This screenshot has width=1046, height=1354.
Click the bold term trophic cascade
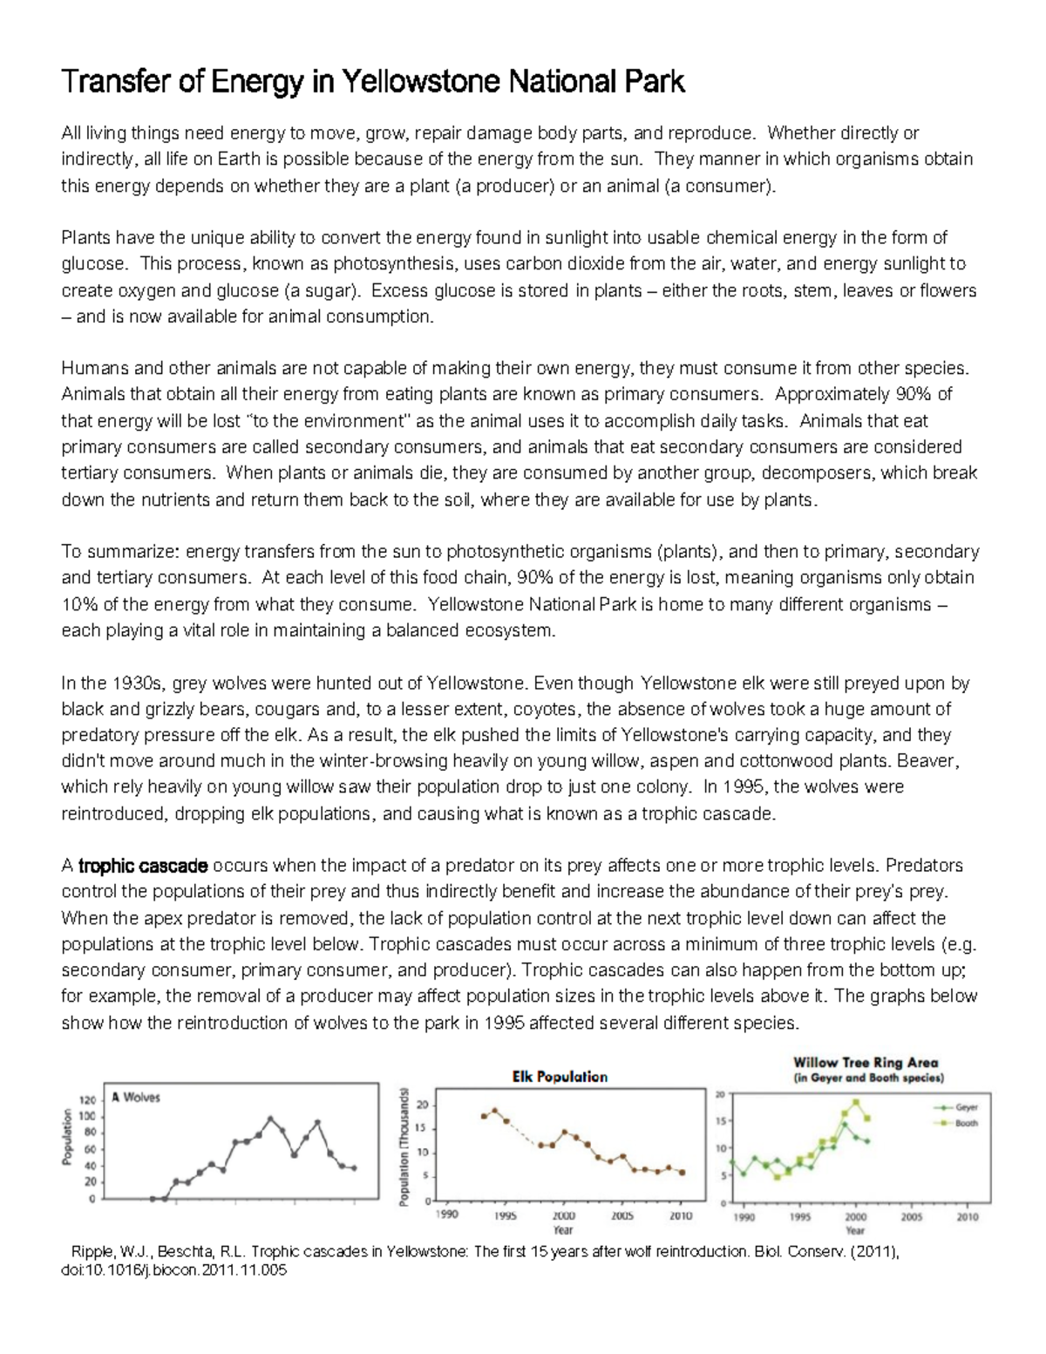[x=143, y=866]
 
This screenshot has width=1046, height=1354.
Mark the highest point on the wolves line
[x=270, y=1119]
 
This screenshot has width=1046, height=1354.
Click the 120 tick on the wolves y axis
[x=87, y=1100]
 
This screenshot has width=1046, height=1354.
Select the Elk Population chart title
[x=560, y=1077]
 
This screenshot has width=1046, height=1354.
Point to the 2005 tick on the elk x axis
[x=622, y=1215]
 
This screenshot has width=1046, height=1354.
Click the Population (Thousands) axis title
[x=404, y=1146]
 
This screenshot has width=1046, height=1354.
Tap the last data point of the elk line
[x=682, y=1173]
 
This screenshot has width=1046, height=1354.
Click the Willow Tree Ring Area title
[x=866, y=1063]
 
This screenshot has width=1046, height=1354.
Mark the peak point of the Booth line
[x=856, y=1102]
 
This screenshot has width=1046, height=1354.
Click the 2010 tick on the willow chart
[x=968, y=1217]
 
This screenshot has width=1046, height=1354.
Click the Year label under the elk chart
[x=563, y=1230]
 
